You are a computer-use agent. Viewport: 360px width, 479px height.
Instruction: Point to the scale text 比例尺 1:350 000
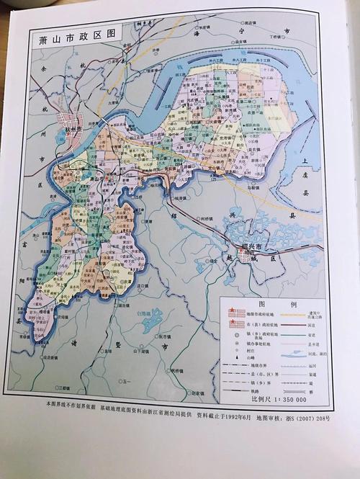278,398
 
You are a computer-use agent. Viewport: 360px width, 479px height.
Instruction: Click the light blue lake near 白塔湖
151,322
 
